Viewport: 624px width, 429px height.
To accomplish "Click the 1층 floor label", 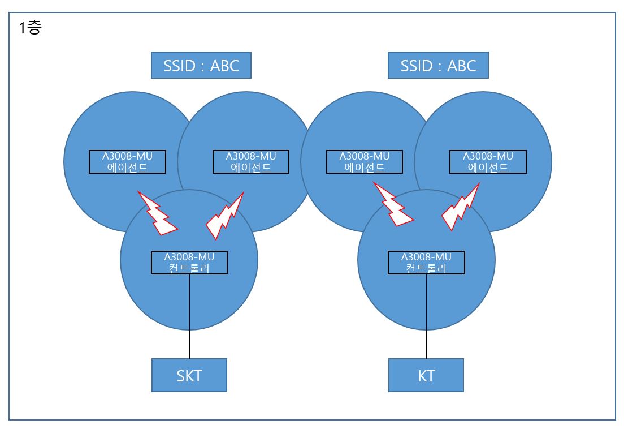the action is [30, 28].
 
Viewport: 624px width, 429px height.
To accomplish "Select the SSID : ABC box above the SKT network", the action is [201, 65].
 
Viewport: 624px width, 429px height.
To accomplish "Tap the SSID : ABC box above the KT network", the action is [438, 65].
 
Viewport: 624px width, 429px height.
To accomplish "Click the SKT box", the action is [189, 375].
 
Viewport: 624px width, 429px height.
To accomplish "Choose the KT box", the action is [426, 375].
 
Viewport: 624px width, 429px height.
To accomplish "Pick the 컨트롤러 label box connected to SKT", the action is [189, 263].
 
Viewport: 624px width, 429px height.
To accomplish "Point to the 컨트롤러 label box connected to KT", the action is [426, 263].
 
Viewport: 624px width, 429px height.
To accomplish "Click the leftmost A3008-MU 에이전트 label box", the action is [127, 162].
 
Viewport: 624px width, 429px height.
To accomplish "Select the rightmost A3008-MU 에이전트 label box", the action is [488, 162].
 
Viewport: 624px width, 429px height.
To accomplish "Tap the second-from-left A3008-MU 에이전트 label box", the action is [251, 162].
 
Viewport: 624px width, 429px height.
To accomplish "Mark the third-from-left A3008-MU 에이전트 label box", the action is [365, 162].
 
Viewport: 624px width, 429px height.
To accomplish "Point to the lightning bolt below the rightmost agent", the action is [461, 208].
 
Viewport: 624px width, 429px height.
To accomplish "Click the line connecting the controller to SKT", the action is [189, 316].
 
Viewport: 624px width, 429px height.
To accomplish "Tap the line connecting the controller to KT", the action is [427, 316].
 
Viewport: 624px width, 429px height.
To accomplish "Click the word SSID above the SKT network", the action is [180, 66].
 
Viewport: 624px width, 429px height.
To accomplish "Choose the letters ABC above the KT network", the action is [462, 66].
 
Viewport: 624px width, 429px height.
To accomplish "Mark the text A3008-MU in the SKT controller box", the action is [189, 257].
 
